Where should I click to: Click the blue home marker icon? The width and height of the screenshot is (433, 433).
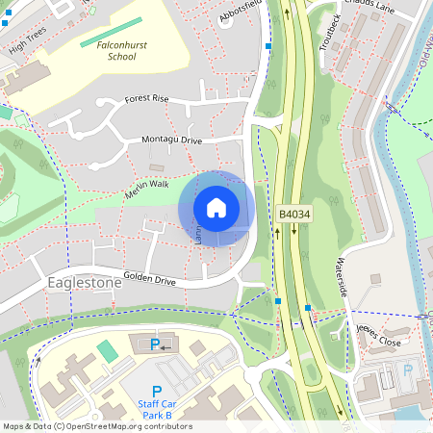(x=216, y=208)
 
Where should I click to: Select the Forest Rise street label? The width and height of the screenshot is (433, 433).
(x=146, y=99)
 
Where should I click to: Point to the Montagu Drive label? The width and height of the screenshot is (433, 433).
(x=172, y=140)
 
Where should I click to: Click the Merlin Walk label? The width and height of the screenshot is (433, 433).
(x=146, y=189)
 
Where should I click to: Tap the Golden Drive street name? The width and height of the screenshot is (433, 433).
(x=149, y=280)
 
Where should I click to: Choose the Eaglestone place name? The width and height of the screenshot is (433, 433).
(x=85, y=283)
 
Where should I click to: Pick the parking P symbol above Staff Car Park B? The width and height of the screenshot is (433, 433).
(x=156, y=391)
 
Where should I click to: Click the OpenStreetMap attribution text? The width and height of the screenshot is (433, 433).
(x=97, y=426)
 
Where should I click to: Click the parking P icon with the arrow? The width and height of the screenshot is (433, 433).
(x=155, y=344)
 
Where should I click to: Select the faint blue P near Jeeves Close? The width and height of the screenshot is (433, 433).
(x=407, y=370)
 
